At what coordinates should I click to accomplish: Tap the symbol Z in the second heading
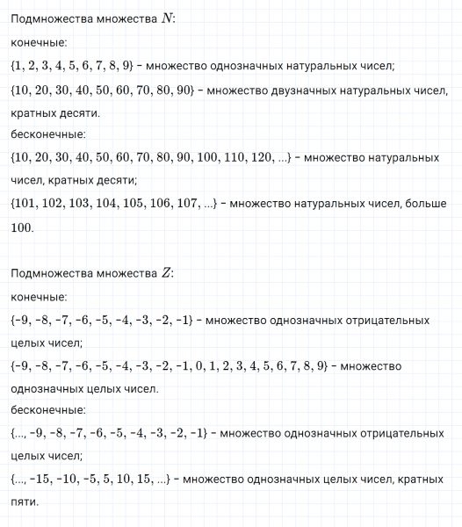pyautogui.click(x=167, y=273)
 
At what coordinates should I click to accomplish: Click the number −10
pyautogui.click(x=71, y=480)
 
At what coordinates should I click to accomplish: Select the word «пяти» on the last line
pyautogui.click(x=25, y=502)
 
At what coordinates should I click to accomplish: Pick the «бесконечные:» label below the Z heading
pyautogui.click(x=48, y=410)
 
